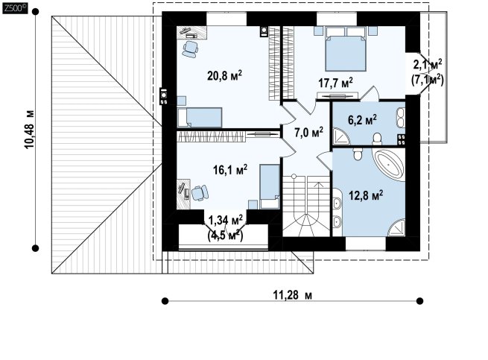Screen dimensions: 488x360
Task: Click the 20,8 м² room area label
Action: coord(225,75)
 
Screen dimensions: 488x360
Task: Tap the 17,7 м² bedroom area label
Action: coord(335,83)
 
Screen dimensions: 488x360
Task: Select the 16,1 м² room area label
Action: coord(230,169)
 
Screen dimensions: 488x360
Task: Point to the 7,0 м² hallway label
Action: coord(308,132)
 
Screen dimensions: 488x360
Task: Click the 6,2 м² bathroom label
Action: coord(362,119)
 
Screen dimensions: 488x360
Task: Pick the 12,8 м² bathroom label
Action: coord(366,195)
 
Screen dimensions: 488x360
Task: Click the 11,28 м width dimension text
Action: coord(293,294)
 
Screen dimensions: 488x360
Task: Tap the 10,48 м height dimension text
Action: coord(29,129)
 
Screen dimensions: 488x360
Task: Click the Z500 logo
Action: coord(15,9)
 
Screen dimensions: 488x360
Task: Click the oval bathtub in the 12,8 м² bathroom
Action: coord(390,165)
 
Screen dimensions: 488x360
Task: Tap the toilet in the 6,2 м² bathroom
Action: coord(377,139)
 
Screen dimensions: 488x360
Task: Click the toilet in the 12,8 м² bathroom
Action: coord(358,154)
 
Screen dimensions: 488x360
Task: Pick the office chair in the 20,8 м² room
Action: coord(190,49)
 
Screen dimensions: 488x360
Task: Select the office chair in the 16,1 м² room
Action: coord(200,193)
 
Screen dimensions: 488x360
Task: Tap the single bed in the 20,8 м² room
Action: coord(200,118)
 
